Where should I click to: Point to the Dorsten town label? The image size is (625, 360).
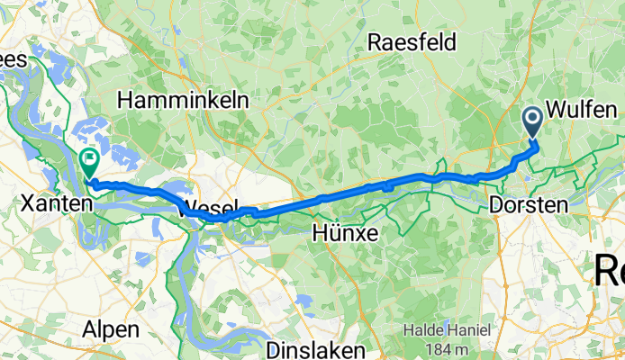529,205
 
